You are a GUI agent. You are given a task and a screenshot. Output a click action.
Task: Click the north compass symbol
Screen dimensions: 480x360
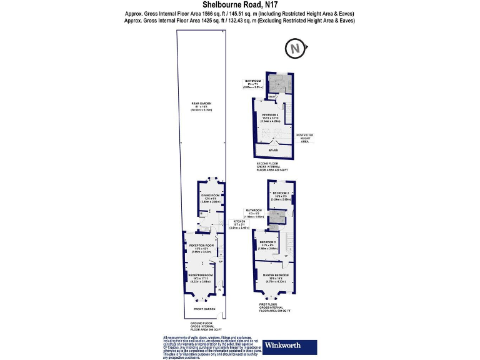pyautogui.click(x=296, y=47)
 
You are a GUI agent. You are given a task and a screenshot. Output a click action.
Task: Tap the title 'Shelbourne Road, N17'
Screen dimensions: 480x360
pyautogui.click(x=240, y=5)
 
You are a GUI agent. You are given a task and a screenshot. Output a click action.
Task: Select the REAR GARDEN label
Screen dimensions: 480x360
pyautogui.click(x=201, y=106)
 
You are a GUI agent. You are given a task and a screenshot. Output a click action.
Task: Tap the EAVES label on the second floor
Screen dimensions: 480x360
pyautogui.click(x=273, y=150)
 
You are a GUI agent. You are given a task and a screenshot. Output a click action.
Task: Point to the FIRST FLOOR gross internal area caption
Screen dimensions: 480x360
pyautogui.click(x=275, y=308)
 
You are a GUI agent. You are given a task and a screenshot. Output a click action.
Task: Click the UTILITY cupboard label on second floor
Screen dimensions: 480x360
pyautogui.click(x=263, y=96)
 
